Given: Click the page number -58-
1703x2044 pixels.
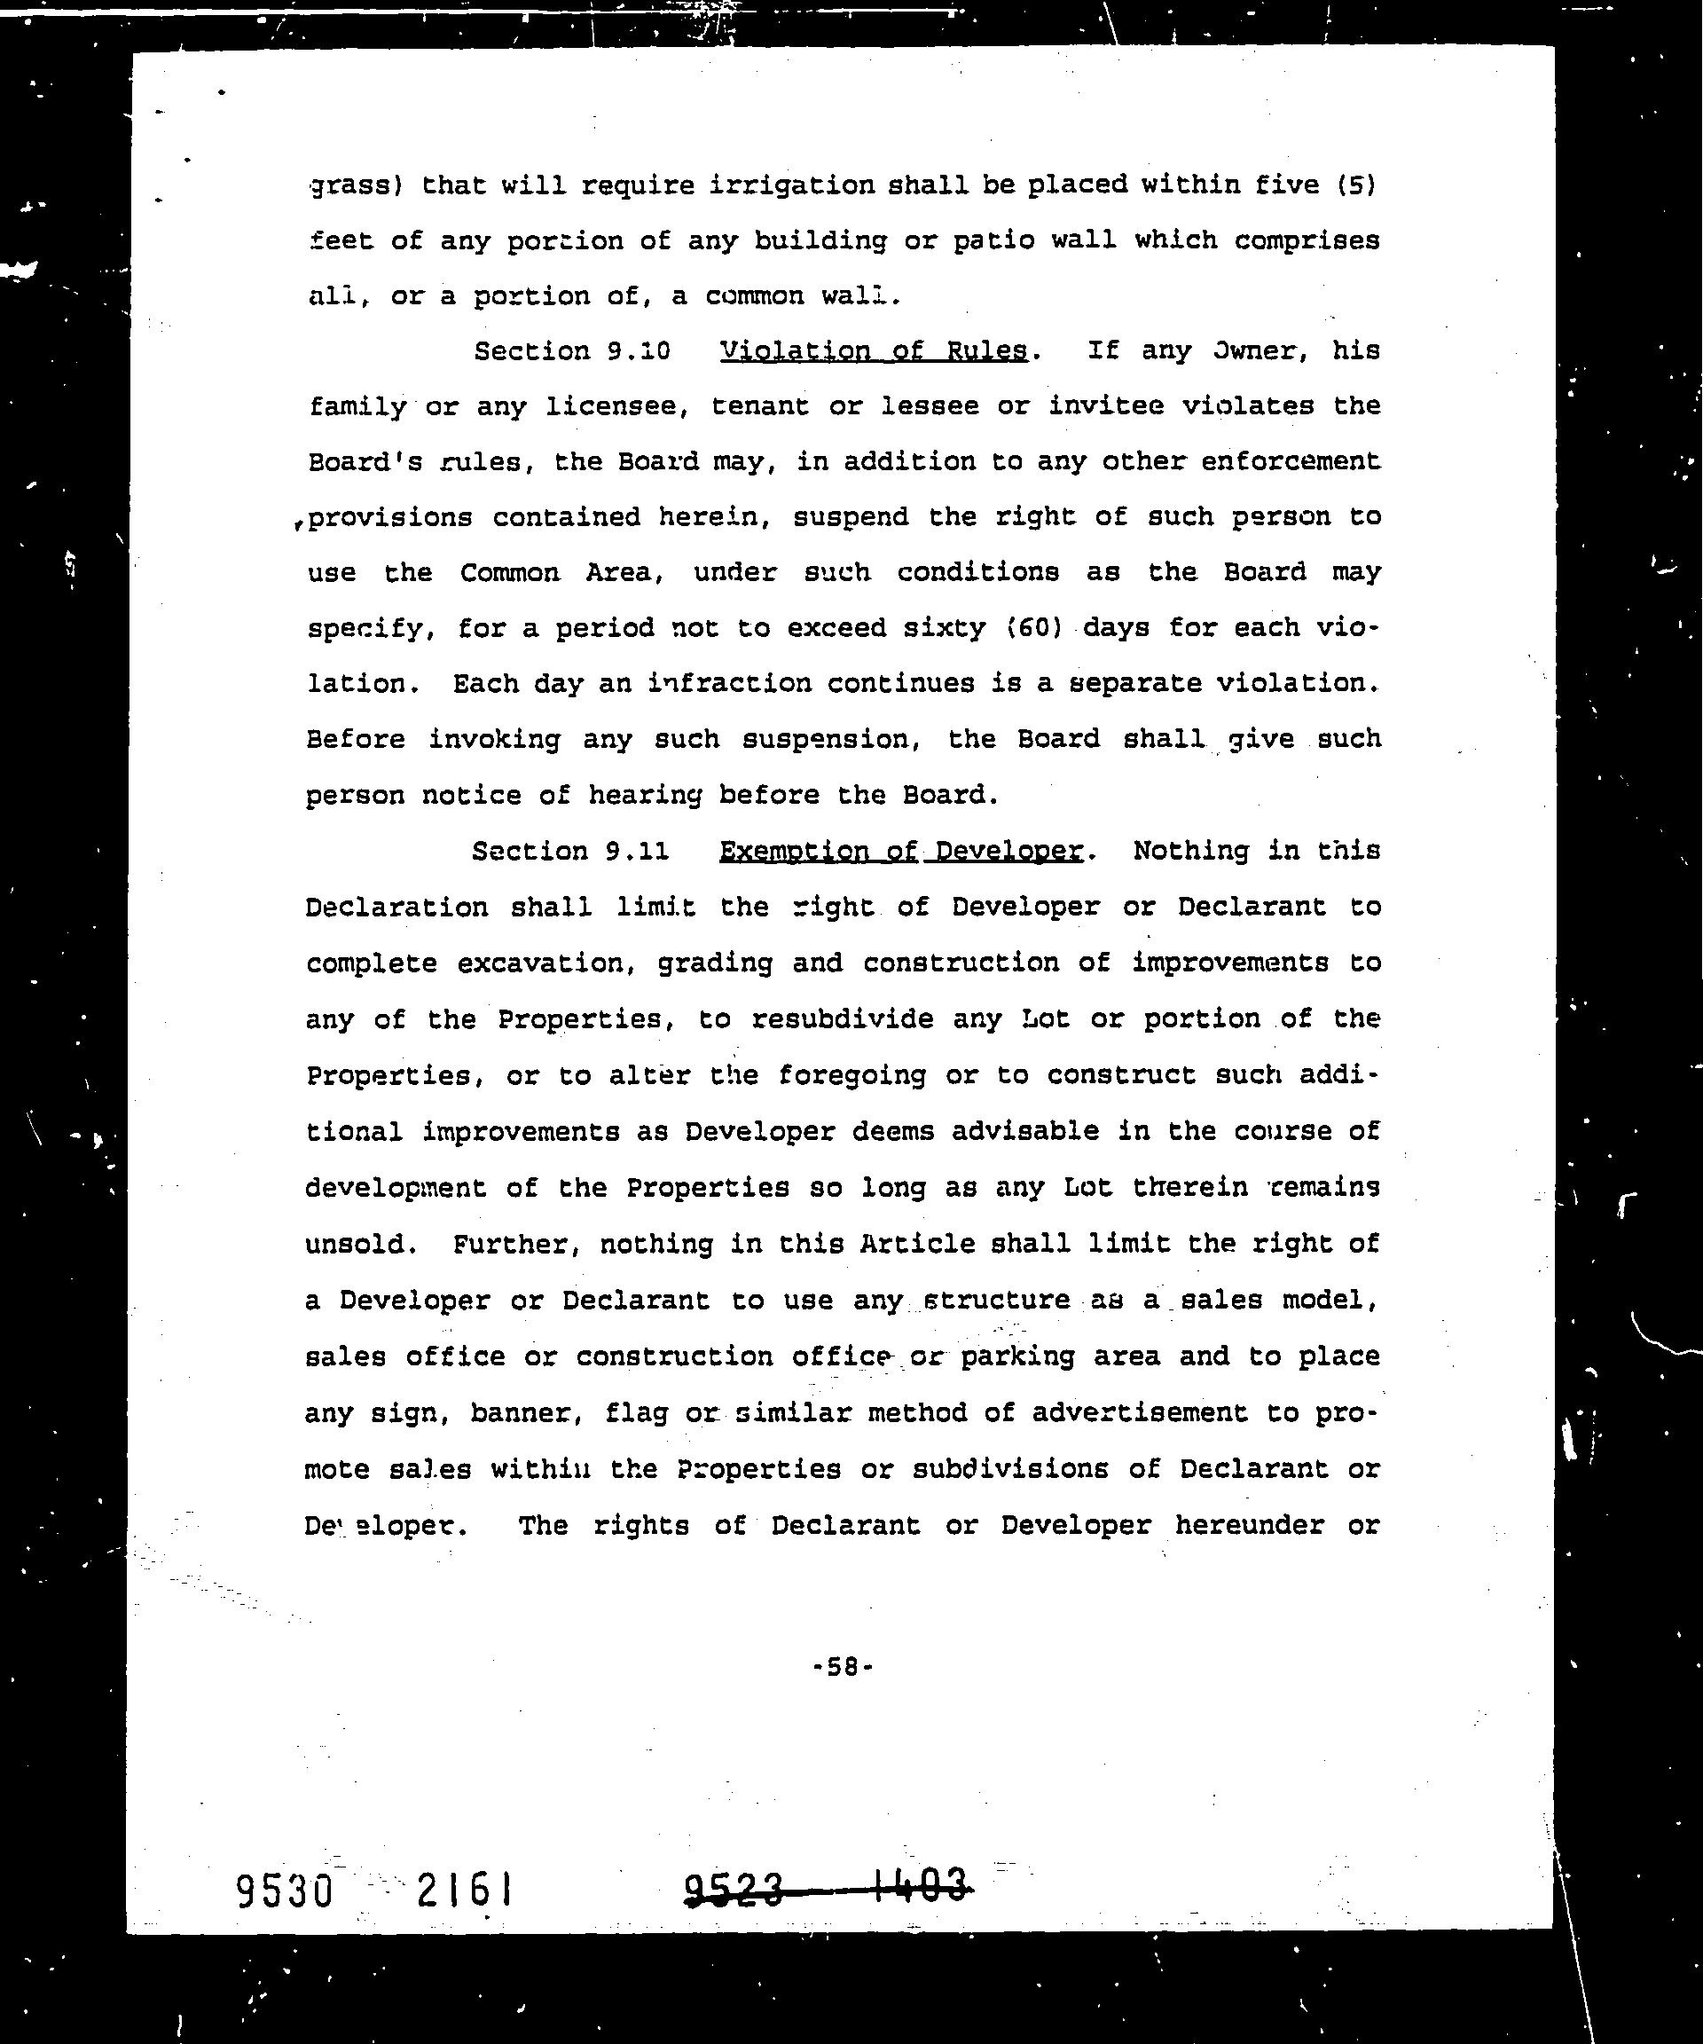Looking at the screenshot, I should click(x=843, y=1667).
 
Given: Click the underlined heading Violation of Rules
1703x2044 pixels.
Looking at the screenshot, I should click(x=873, y=350).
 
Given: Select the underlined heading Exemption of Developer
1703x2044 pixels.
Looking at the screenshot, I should click(x=900, y=851).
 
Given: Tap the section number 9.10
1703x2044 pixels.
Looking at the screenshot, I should click(x=639, y=350).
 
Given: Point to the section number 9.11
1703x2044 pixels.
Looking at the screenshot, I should click(x=637, y=851).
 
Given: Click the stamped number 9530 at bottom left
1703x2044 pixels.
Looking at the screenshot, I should click(x=285, y=1891).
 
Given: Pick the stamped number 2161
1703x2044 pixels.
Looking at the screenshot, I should click(x=464, y=1891).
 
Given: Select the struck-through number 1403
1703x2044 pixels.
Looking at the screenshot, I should click(x=921, y=1886).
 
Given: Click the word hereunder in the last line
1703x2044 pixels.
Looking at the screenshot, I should click(x=1249, y=1524).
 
